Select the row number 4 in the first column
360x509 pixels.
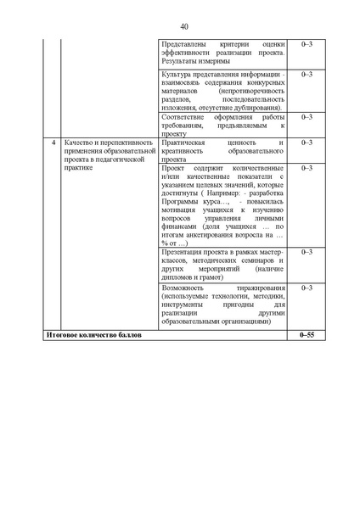pos(54,143)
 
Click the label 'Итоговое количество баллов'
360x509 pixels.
pos(93,337)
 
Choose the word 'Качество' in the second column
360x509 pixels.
pos(79,143)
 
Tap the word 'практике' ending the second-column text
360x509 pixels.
pos(82,167)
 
